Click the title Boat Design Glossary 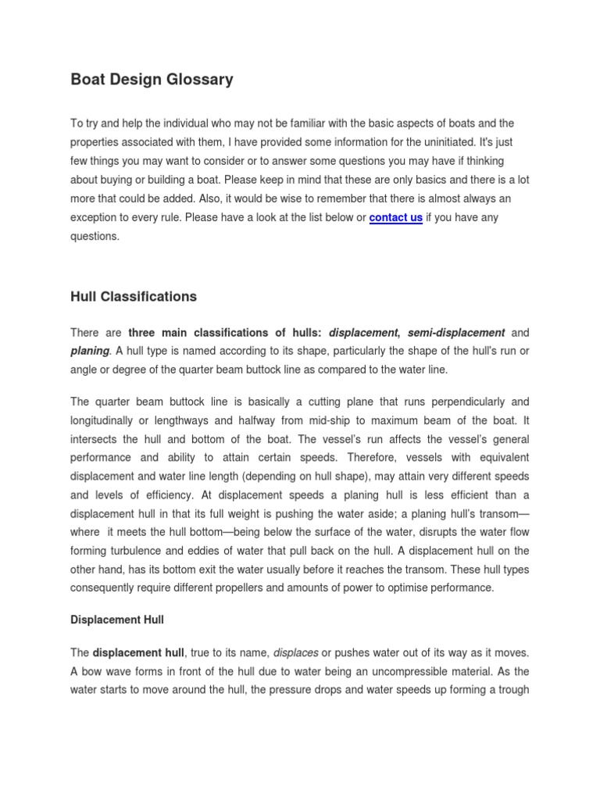tap(152, 80)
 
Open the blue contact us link tap(395, 218)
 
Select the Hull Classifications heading tap(134, 297)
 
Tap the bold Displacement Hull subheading tap(117, 620)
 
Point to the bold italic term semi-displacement tap(455, 333)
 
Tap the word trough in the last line tap(512, 690)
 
